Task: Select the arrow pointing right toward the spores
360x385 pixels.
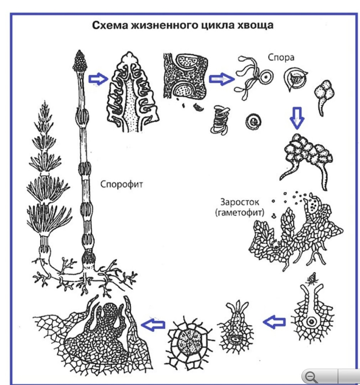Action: [218, 79]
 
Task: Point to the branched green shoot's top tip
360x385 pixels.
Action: [46, 105]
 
